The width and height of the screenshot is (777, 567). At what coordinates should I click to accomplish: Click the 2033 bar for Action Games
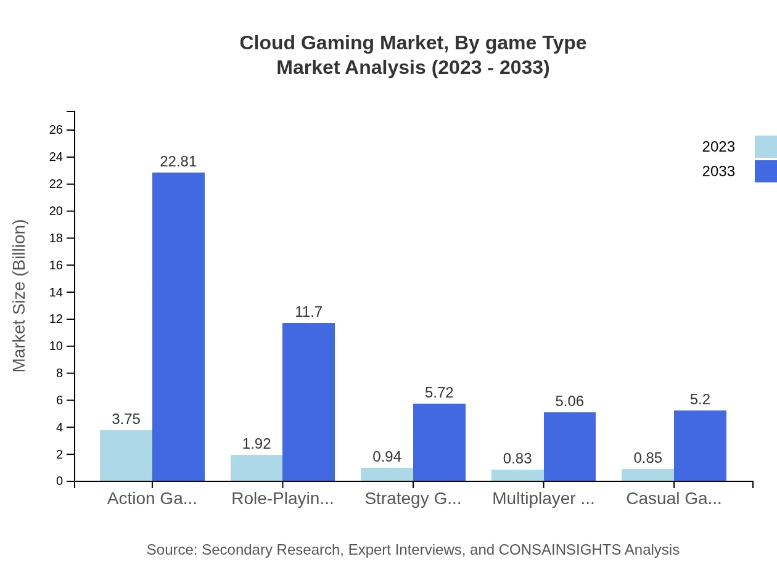pyautogui.click(x=178, y=327)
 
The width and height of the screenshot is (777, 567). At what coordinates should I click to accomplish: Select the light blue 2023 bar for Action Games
pyautogui.click(x=126, y=455)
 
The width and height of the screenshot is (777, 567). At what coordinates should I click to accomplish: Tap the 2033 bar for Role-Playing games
pyautogui.click(x=308, y=402)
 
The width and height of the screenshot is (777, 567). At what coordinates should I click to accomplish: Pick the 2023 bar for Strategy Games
pyautogui.click(x=387, y=475)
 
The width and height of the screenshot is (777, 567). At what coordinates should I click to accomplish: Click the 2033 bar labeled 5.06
pyautogui.click(x=569, y=447)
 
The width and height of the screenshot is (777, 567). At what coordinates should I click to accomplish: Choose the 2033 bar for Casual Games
pyautogui.click(x=700, y=446)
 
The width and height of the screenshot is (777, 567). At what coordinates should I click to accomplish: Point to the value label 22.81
pyautogui.click(x=178, y=161)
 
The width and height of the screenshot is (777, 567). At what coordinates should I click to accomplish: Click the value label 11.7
pyautogui.click(x=308, y=312)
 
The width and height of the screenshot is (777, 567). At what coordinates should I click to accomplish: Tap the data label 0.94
pyautogui.click(x=387, y=457)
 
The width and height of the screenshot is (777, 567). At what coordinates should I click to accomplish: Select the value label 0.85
pyautogui.click(x=647, y=458)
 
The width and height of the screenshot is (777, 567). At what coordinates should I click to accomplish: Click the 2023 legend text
pyautogui.click(x=718, y=147)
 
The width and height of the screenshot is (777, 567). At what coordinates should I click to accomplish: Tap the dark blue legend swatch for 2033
pyautogui.click(x=765, y=171)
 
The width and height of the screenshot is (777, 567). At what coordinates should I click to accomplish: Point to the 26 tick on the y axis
pyautogui.click(x=56, y=130)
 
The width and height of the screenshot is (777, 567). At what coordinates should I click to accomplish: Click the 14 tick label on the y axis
pyautogui.click(x=56, y=292)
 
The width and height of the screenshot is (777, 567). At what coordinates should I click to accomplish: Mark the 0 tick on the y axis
pyautogui.click(x=60, y=481)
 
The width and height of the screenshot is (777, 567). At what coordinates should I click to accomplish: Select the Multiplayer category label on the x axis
pyautogui.click(x=543, y=499)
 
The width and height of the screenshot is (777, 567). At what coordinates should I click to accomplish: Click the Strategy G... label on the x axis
pyautogui.click(x=413, y=499)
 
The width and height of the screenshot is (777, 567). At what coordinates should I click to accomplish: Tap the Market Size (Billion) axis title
pyautogui.click(x=20, y=296)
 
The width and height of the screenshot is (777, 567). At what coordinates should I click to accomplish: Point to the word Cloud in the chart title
pyautogui.click(x=264, y=43)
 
